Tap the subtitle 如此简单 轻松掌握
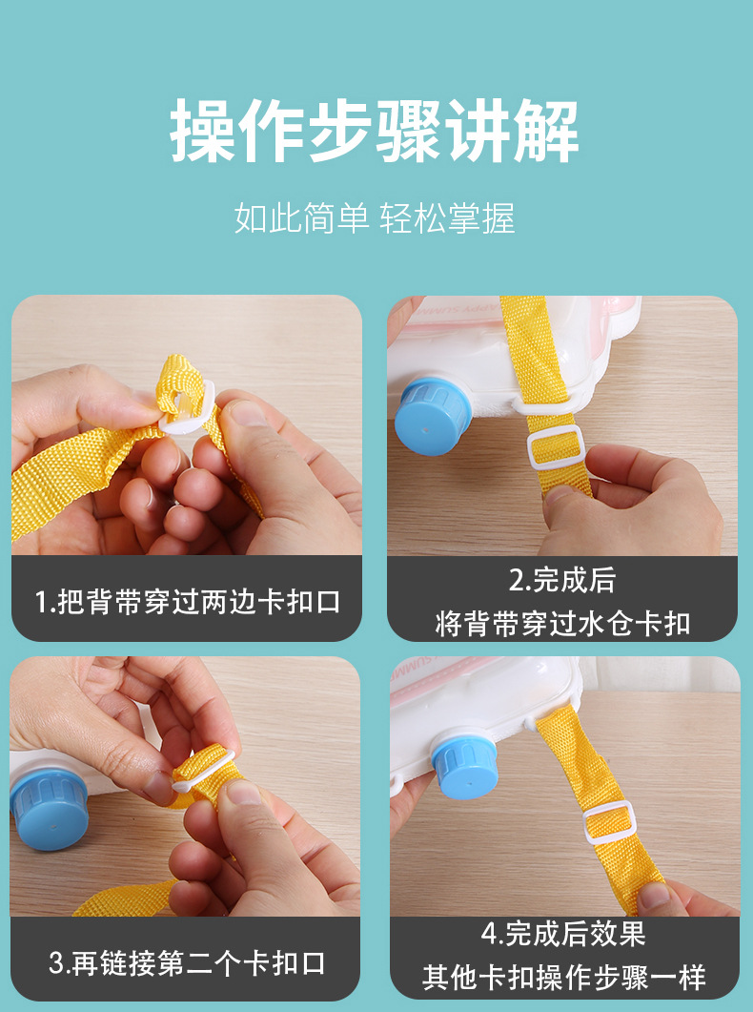pyautogui.click(x=376, y=218)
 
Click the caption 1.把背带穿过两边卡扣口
pyautogui.click(x=187, y=602)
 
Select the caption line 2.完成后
pyautogui.click(x=561, y=580)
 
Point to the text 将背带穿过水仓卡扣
pyautogui.click(x=561, y=624)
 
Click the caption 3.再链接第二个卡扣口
pyautogui.click(x=187, y=962)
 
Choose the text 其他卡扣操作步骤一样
pyautogui.click(x=563, y=978)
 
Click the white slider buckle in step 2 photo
pyautogui.click(x=556, y=448)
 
